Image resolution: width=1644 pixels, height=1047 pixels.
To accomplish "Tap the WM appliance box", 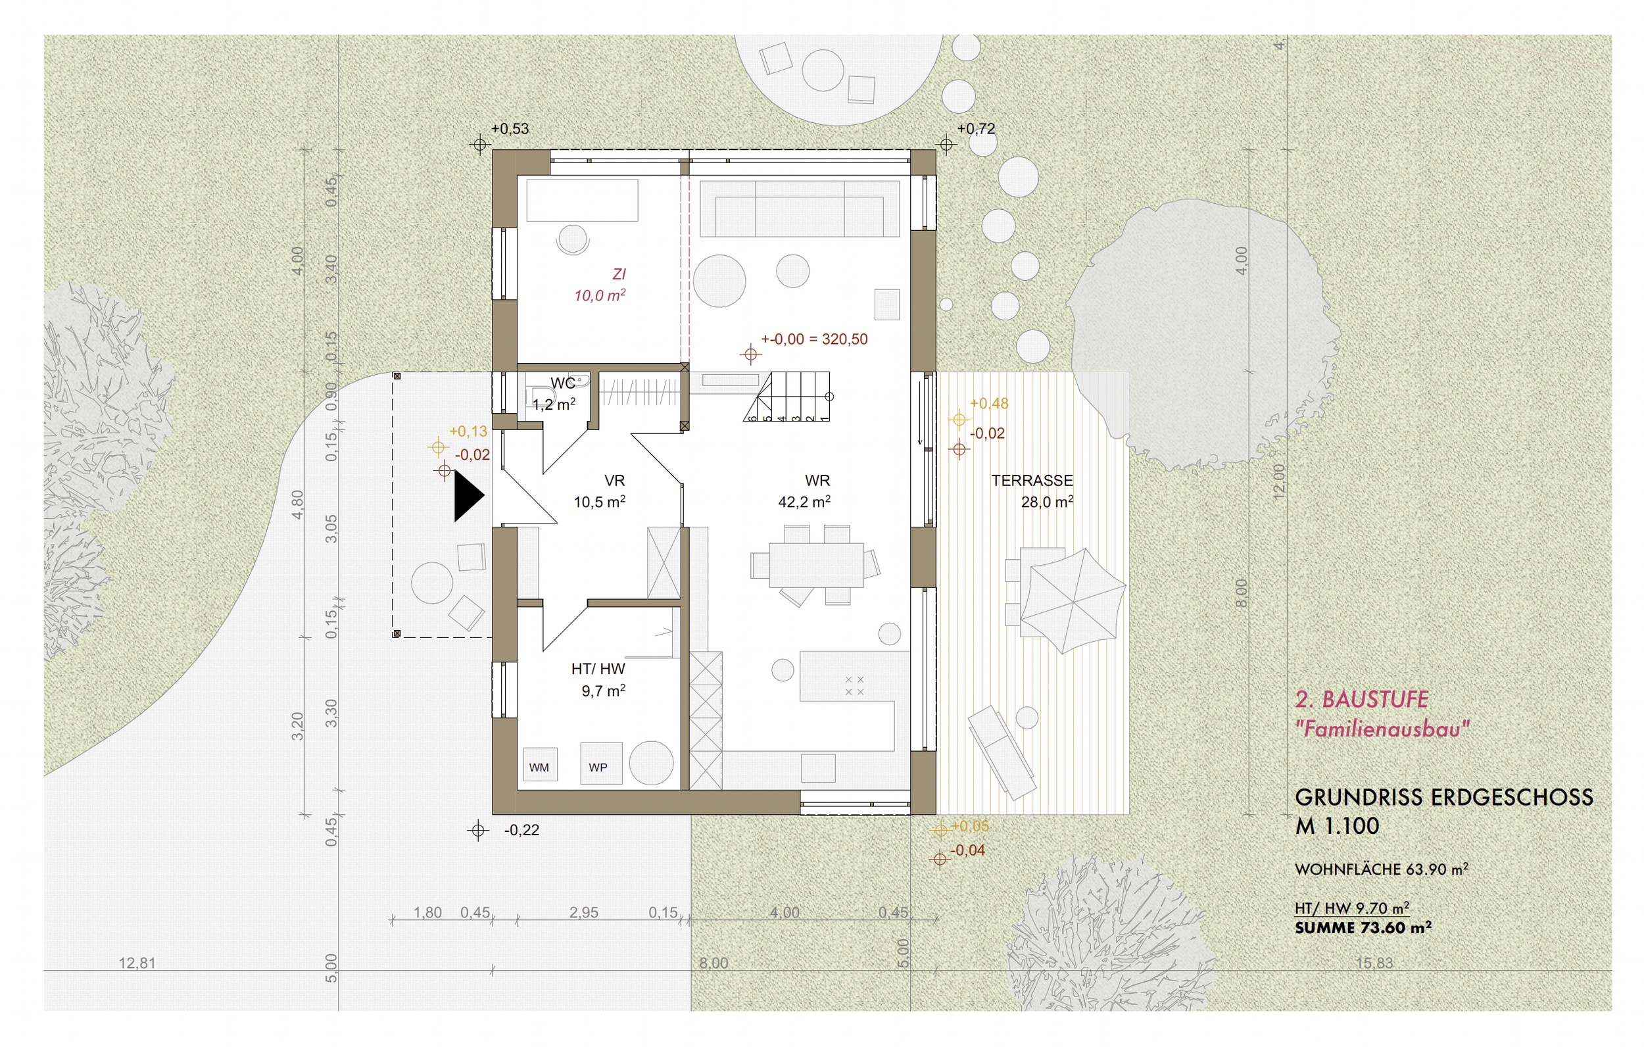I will tap(539, 766).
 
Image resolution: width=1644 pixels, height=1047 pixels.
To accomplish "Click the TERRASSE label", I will tap(1032, 481).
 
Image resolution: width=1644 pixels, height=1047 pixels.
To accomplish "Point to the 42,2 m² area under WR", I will tap(804, 502).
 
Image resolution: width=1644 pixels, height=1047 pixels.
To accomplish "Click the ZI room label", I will tap(619, 274).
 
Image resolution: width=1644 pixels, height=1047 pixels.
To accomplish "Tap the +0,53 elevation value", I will tap(510, 129).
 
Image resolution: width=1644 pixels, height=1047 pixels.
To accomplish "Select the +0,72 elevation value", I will tap(976, 129).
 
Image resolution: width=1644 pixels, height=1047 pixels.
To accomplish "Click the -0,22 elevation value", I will tap(521, 830).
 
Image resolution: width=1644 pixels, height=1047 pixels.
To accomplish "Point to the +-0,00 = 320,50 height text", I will tap(814, 339).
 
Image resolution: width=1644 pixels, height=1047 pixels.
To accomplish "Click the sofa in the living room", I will tap(799, 208).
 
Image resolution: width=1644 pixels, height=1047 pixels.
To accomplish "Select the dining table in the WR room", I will tap(816, 565).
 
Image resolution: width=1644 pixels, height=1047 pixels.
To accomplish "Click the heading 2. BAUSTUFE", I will tap(1361, 699).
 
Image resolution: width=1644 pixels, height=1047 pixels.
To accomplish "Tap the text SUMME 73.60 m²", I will tap(1363, 927).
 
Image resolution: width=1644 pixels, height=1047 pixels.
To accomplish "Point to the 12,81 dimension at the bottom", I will tap(137, 963).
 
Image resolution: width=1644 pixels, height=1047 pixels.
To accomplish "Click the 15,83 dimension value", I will tap(1374, 963).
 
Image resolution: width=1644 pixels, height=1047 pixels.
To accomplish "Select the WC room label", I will tap(562, 384).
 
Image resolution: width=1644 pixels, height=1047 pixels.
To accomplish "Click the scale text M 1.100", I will tap(1337, 827).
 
